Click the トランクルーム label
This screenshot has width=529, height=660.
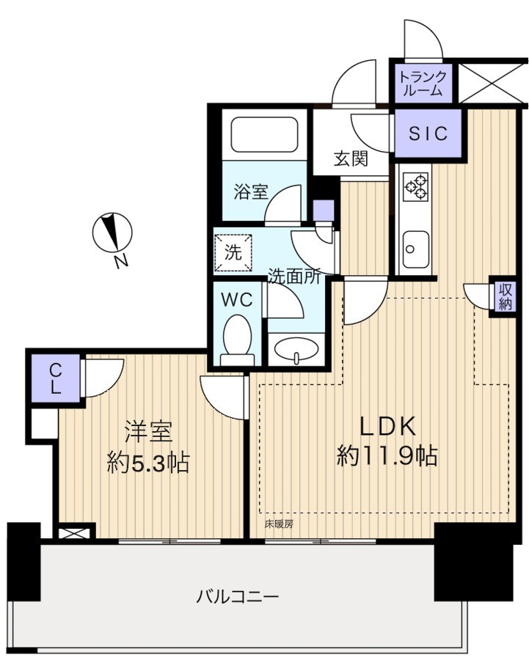point(422,84)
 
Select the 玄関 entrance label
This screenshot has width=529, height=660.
point(351,159)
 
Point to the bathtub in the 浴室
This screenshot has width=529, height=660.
point(264,135)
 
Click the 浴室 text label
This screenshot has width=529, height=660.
point(251,192)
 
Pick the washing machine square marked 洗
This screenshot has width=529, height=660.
point(233,252)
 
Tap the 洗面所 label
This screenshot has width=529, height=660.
point(295,276)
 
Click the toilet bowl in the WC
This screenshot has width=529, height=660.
point(238,340)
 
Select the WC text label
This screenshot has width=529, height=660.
point(237,300)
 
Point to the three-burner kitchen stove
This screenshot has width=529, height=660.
point(415,186)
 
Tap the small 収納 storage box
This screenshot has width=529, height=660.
point(505,296)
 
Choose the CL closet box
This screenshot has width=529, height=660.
point(55,378)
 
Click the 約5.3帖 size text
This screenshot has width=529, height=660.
point(147,463)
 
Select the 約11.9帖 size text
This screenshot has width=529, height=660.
point(387,456)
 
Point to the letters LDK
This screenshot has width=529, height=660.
point(387,426)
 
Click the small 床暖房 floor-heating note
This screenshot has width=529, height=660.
point(279,524)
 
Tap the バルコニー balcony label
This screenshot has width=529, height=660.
point(238,597)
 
